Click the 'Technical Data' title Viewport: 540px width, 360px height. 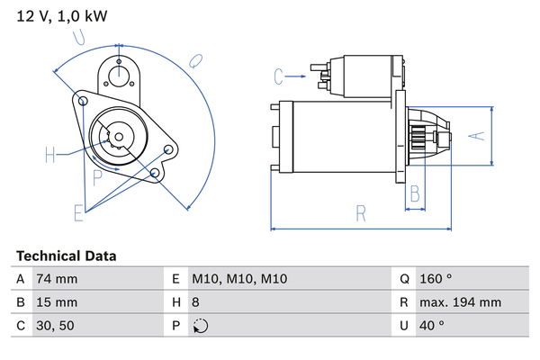point(66,256)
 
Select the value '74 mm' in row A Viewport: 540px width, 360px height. point(56,279)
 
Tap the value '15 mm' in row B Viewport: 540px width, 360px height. point(56,302)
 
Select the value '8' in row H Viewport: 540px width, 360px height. point(196,302)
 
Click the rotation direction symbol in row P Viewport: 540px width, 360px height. point(200,326)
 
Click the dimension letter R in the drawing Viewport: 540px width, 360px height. point(361,214)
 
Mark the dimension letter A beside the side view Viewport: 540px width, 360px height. point(479,136)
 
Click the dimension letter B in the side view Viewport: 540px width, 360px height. point(415,192)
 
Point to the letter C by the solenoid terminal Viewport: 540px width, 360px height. point(279,75)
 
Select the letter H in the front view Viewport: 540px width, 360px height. point(50,156)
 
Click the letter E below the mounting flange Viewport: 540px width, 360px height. point(79,213)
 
